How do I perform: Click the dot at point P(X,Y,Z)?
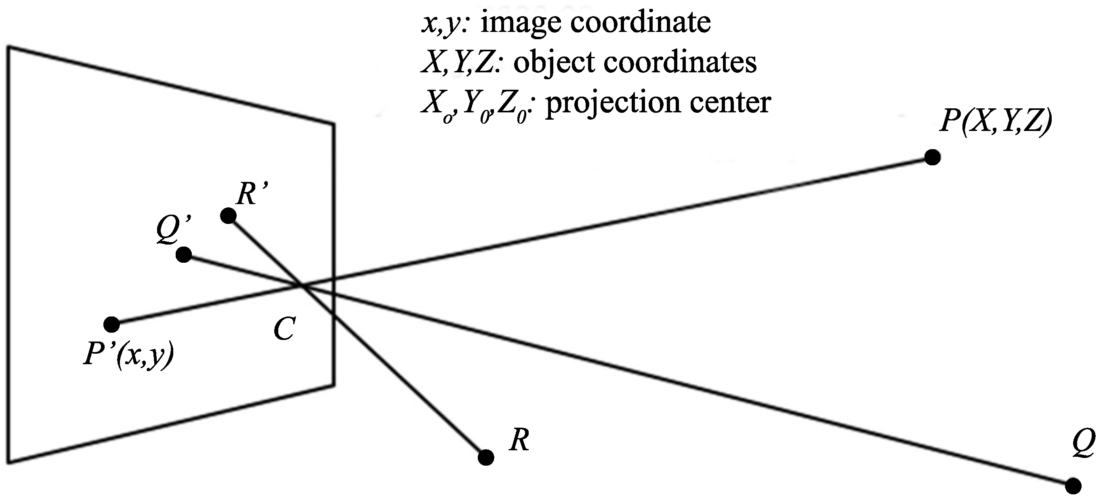932,157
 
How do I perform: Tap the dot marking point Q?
1073,486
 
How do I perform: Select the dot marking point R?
485,458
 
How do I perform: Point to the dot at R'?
228,215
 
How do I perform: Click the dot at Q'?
184,255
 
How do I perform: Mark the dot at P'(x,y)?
112,324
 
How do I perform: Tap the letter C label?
284,330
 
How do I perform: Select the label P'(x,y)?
129,355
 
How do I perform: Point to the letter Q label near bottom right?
1083,444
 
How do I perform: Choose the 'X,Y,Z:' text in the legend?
460,63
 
